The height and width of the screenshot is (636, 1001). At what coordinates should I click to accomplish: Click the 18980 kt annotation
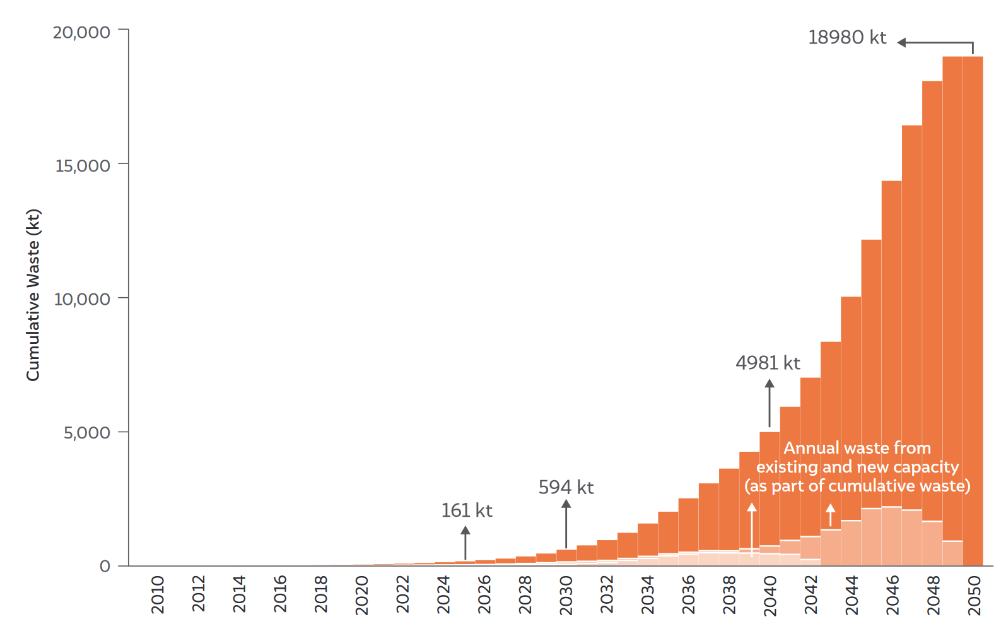[847, 38]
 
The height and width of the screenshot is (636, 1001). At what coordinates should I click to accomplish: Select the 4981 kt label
[768, 363]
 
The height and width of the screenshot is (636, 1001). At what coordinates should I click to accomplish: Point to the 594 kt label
[566, 487]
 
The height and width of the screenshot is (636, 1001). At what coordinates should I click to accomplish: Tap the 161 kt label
[467, 510]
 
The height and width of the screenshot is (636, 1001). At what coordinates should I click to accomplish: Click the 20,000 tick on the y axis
[81, 33]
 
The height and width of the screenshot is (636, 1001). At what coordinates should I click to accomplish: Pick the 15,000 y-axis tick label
[82, 166]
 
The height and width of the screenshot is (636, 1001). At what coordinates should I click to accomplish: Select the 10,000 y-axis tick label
[82, 300]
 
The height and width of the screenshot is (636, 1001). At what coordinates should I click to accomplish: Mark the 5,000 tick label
[86, 433]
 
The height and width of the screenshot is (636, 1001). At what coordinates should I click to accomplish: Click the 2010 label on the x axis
[158, 595]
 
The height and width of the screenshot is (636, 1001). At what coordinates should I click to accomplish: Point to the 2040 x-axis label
[770, 596]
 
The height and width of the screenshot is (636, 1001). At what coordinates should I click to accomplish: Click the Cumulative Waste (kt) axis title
[33, 295]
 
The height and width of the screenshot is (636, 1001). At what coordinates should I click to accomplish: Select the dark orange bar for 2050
[973, 311]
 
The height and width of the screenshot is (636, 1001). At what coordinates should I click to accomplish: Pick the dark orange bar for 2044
[851, 408]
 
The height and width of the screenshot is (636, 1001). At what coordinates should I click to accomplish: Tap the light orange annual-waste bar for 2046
[891, 536]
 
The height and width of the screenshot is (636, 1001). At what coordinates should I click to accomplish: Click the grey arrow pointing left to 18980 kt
[935, 42]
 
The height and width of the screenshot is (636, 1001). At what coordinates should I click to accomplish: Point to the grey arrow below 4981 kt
[770, 403]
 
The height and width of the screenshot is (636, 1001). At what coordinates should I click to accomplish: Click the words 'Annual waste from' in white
[857, 448]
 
